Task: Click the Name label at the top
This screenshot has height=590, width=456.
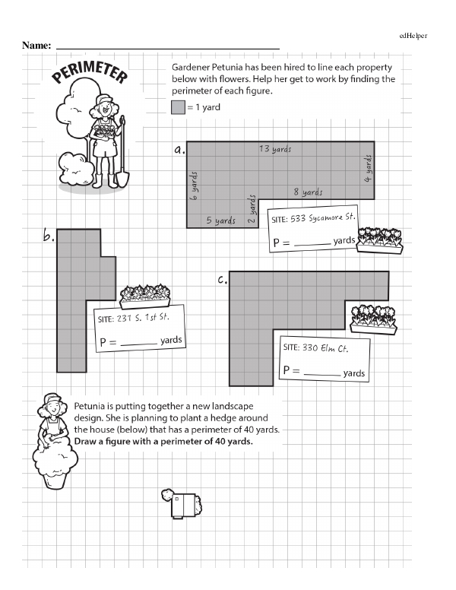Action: tap(36, 46)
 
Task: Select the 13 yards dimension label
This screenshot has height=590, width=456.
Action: tap(274, 149)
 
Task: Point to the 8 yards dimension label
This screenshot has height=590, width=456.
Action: tap(308, 192)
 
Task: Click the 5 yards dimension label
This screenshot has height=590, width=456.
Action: tap(221, 220)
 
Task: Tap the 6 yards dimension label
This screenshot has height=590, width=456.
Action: tap(195, 185)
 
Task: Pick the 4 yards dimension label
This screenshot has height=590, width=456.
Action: tap(367, 168)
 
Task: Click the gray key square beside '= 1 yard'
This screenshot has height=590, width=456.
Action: tap(178, 107)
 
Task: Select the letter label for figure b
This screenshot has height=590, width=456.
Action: tap(49, 237)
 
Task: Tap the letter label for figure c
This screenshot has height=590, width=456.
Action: tap(223, 281)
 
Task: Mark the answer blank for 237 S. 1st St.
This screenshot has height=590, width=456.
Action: tap(139, 343)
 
